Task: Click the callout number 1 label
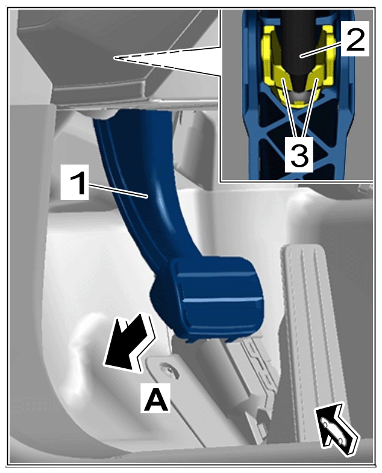point(75,182)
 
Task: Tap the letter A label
point(155,398)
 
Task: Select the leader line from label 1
point(117,190)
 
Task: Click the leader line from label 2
point(321,48)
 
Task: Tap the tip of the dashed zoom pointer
point(114,58)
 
